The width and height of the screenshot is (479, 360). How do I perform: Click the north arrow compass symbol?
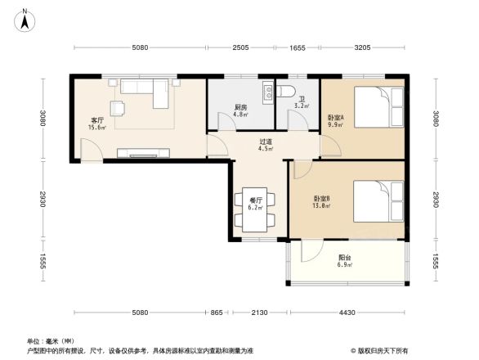coord(25,20)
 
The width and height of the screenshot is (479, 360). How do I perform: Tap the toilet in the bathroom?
coord(286,91)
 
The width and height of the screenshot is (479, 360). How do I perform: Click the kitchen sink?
coord(268,93)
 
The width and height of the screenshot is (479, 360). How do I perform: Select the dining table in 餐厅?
coord(254,209)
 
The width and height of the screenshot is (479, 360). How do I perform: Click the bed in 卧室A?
coord(378,107)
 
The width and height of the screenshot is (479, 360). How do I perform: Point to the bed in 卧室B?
coord(378,201)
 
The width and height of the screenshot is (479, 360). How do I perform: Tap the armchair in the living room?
coord(118,108)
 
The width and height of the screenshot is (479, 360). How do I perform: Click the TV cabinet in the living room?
coord(143,153)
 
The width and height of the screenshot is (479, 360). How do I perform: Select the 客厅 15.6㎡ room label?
coord(97,124)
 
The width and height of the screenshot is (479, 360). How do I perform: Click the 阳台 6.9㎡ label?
coord(345,261)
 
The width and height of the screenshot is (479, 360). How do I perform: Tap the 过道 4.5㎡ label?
coord(266,146)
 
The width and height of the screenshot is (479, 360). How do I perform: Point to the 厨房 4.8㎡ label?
coord(240,110)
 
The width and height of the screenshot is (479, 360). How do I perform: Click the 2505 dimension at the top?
coord(240,47)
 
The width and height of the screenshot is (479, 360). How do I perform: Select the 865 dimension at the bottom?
coord(217,313)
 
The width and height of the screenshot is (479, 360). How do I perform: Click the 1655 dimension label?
coord(298,47)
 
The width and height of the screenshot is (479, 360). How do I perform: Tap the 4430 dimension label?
coord(347,313)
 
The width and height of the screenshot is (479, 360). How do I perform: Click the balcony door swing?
coord(312,251)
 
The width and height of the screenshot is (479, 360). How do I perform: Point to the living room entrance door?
coord(92,150)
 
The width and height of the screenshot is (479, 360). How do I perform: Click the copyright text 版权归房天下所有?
coord(382,350)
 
